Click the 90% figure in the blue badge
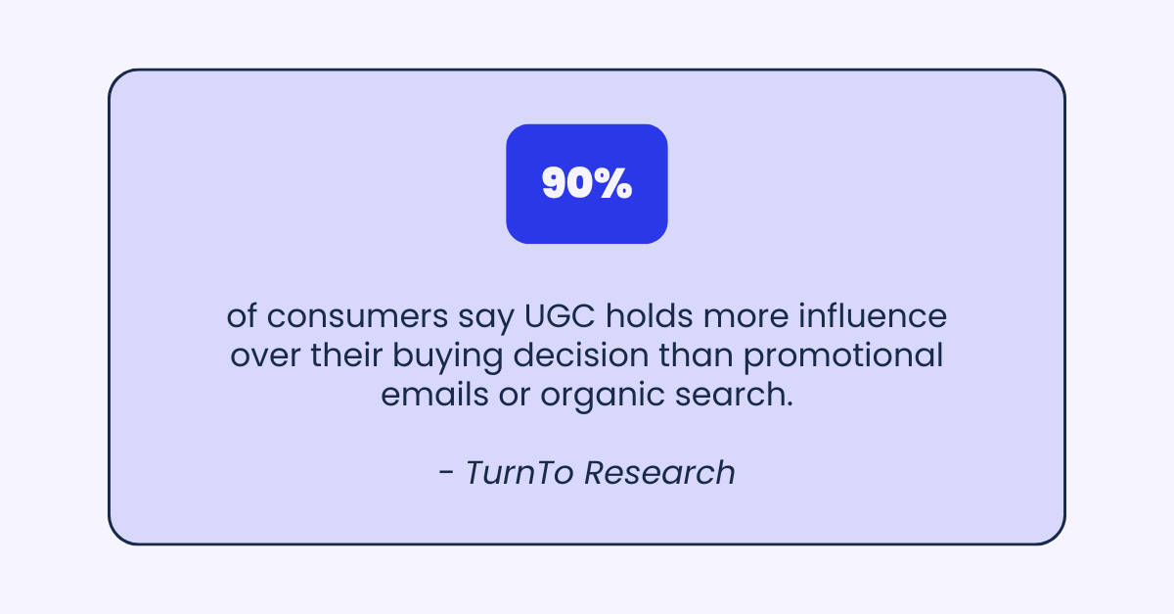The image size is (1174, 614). point(586,184)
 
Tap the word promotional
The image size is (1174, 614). point(843,354)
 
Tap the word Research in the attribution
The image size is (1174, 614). point(659,472)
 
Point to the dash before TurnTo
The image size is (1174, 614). point(446,474)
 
